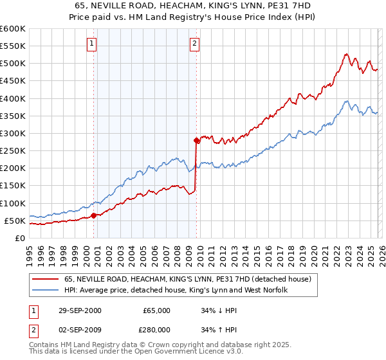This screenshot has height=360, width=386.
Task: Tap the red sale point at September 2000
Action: tap(94, 215)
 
